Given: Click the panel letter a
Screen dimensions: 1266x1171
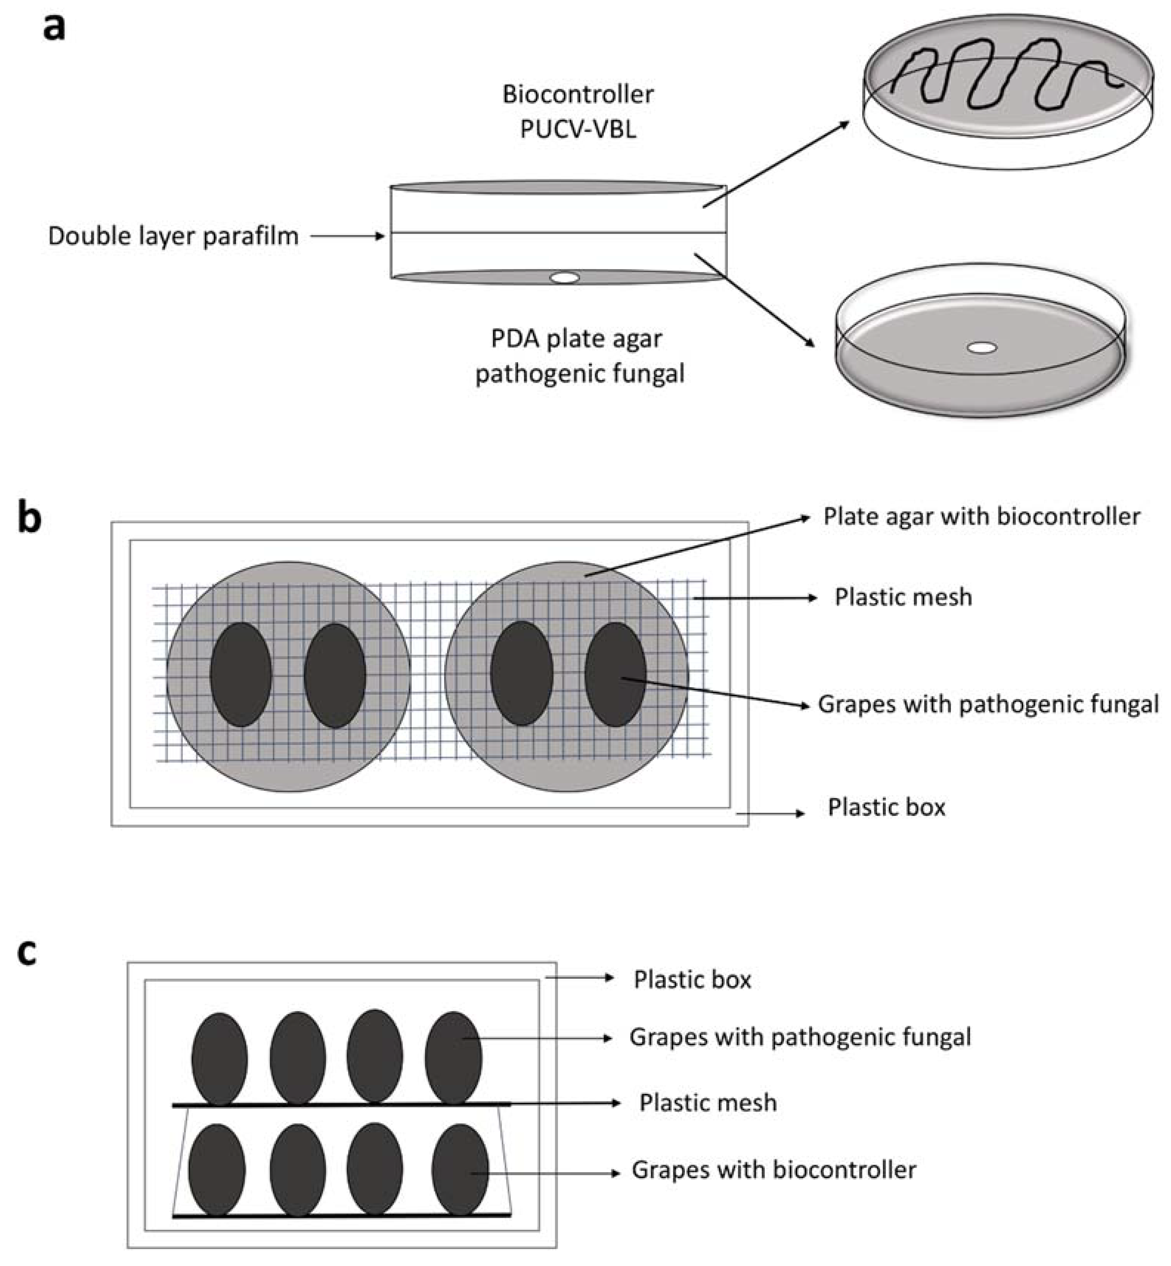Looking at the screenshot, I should pyautogui.click(x=54, y=28).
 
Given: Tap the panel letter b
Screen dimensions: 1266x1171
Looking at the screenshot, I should pyautogui.click(x=30, y=518).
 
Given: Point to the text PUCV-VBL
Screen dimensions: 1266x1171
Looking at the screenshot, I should pyautogui.click(x=578, y=129).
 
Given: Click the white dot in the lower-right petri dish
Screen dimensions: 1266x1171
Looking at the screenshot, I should pyautogui.click(x=982, y=348).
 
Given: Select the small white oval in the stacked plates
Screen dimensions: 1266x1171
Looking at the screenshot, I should pyautogui.click(x=565, y=277).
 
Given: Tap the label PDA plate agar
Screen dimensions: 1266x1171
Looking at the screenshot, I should pyautogui.click(x=576, y=339).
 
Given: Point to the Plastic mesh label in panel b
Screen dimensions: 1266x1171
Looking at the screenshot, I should pyautogui.click(x=903, y=597).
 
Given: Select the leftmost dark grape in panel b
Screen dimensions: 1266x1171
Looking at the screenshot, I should pyautogui.click(x=241, y=674).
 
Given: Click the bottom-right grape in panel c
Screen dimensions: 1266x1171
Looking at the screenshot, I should pyautogui.click(x=460, y=1170).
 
